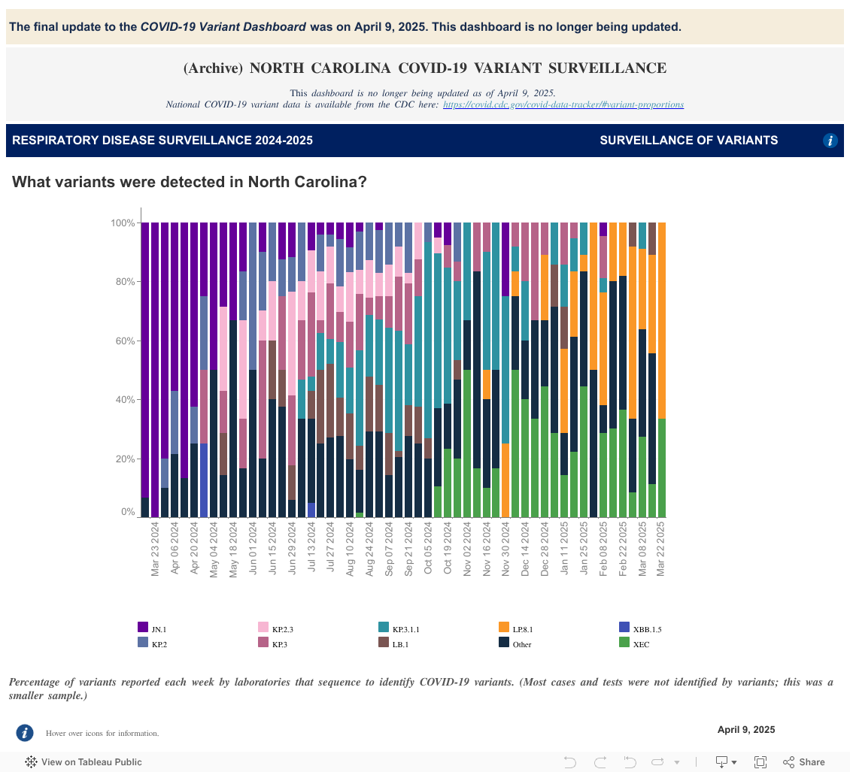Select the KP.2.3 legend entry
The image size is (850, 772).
pos(270,628)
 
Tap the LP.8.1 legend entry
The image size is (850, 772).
pos(511,628)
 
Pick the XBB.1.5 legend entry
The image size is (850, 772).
pos(631,628)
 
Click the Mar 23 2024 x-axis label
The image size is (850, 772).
pos(156,550)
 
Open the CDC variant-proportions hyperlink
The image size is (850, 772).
pos(563,104)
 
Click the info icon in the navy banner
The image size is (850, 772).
pos(830,141)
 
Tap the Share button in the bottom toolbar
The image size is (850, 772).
pos(804,762)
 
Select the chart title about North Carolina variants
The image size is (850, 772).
pos(190,182)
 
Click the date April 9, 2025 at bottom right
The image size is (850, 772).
pos(745,730)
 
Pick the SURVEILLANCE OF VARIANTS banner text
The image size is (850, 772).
pos(688,141)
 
